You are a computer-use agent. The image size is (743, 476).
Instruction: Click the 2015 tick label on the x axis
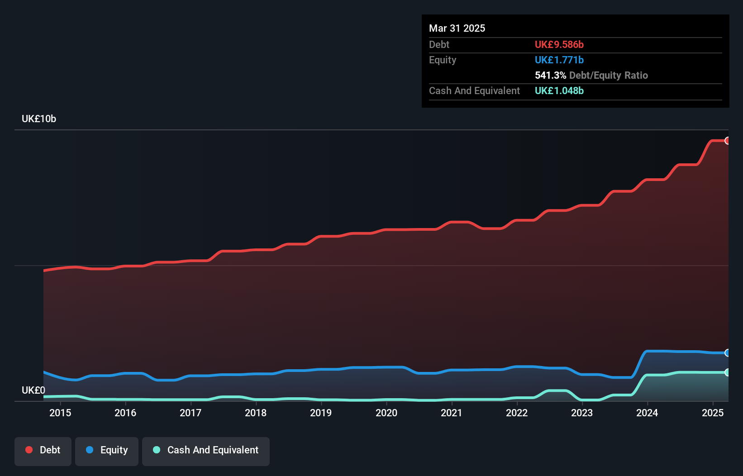tap(60, 413)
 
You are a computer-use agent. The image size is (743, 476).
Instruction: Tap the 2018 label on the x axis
tap(256, 413)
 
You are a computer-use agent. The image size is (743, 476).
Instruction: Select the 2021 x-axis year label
tap(451, 413)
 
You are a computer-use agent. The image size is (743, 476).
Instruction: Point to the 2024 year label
tap(647, 413)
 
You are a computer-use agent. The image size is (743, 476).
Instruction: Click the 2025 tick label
tap(713, 413)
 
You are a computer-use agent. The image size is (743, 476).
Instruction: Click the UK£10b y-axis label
tap(39, 119)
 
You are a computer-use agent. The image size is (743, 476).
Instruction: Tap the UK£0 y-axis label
tap(33, 390)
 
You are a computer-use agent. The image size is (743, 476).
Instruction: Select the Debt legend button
tap(43, 450)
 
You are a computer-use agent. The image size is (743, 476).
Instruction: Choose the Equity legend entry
tap(107, 450)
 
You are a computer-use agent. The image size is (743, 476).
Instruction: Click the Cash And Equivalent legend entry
tap(206, 450)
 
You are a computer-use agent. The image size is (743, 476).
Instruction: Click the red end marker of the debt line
tap(728, 141)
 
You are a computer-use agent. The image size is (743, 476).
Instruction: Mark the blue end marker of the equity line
tap(728, 353)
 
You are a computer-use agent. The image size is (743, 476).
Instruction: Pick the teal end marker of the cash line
tap(728, 372)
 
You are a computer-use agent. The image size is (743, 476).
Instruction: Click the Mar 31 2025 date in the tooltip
tap(457, 28)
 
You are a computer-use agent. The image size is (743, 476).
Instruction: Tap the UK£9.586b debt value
tap(559, 44)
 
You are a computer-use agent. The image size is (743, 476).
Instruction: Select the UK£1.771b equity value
tap(559, 60)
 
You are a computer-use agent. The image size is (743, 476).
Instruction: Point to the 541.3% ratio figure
tap(550, 75)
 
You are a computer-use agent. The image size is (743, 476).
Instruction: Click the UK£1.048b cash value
tap(559, 90)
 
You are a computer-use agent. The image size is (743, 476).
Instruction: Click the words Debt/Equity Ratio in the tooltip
tap(609, 75)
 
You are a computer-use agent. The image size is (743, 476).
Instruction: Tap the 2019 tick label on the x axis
tap(321, 413)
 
